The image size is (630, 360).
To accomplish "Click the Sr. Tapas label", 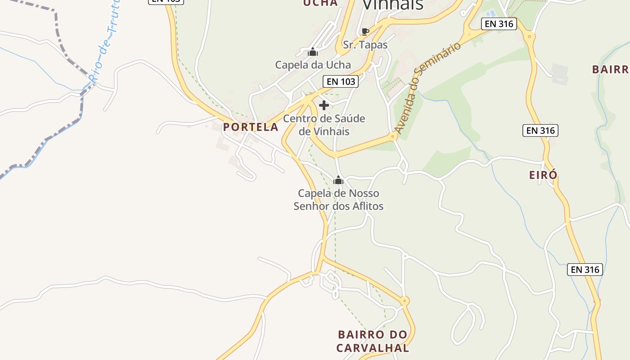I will tap(365, 45).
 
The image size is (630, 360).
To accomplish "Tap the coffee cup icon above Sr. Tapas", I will tap(365, 32).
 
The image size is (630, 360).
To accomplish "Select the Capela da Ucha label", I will tap(313, 65).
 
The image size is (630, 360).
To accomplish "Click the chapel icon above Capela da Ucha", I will tap(313, 53).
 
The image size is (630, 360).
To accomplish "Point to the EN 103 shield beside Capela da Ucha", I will tap(341, 81).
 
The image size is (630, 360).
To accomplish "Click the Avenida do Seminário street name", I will tap(428, 88).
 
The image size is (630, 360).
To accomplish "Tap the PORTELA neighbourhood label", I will tap(251, 127).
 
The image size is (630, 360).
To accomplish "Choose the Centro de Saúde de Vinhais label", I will tap(324, 125).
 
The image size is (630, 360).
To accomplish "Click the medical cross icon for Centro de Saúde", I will tap(324, 105).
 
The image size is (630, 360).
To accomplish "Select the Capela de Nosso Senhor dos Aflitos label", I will tap(338, 200).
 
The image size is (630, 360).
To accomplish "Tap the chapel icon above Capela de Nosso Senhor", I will tap(338, 180).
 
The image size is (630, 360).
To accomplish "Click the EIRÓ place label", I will tap(543, 175).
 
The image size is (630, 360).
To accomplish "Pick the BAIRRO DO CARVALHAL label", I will tap(373, 341).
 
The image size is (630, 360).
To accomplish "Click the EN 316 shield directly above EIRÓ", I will tap(540, 130).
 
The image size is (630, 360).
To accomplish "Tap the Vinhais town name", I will tap(392, 4).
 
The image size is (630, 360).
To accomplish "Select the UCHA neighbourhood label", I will tap(320, 3).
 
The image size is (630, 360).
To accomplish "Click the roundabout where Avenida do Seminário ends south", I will tap(393, 136).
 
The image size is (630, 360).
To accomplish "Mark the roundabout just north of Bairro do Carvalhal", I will tap(405, 301).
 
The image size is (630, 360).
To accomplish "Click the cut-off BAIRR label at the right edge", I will tap(610, 70).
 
